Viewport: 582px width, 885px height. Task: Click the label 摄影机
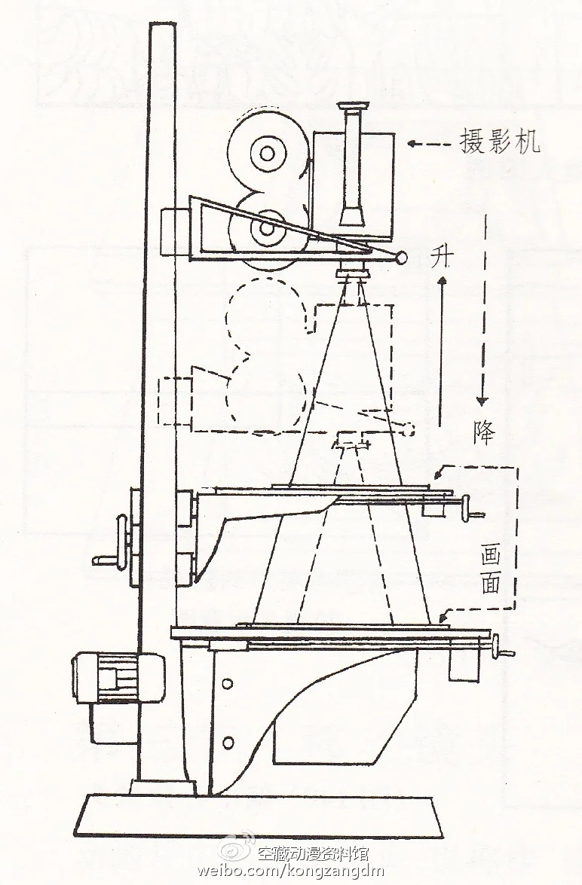tap(500, 142)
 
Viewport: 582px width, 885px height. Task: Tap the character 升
tap(442, 258)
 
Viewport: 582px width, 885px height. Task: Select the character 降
tap(484, 433)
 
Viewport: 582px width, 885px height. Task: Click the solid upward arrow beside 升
tap(441, 350)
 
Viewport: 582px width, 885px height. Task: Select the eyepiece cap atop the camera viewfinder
tap(353, 105)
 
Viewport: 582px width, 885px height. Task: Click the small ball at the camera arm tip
tap(400, 258)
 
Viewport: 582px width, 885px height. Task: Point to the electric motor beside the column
tap(118, 677)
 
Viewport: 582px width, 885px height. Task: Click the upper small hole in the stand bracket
tap(227, 684)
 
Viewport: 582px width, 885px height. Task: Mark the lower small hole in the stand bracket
tap(228, 741)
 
